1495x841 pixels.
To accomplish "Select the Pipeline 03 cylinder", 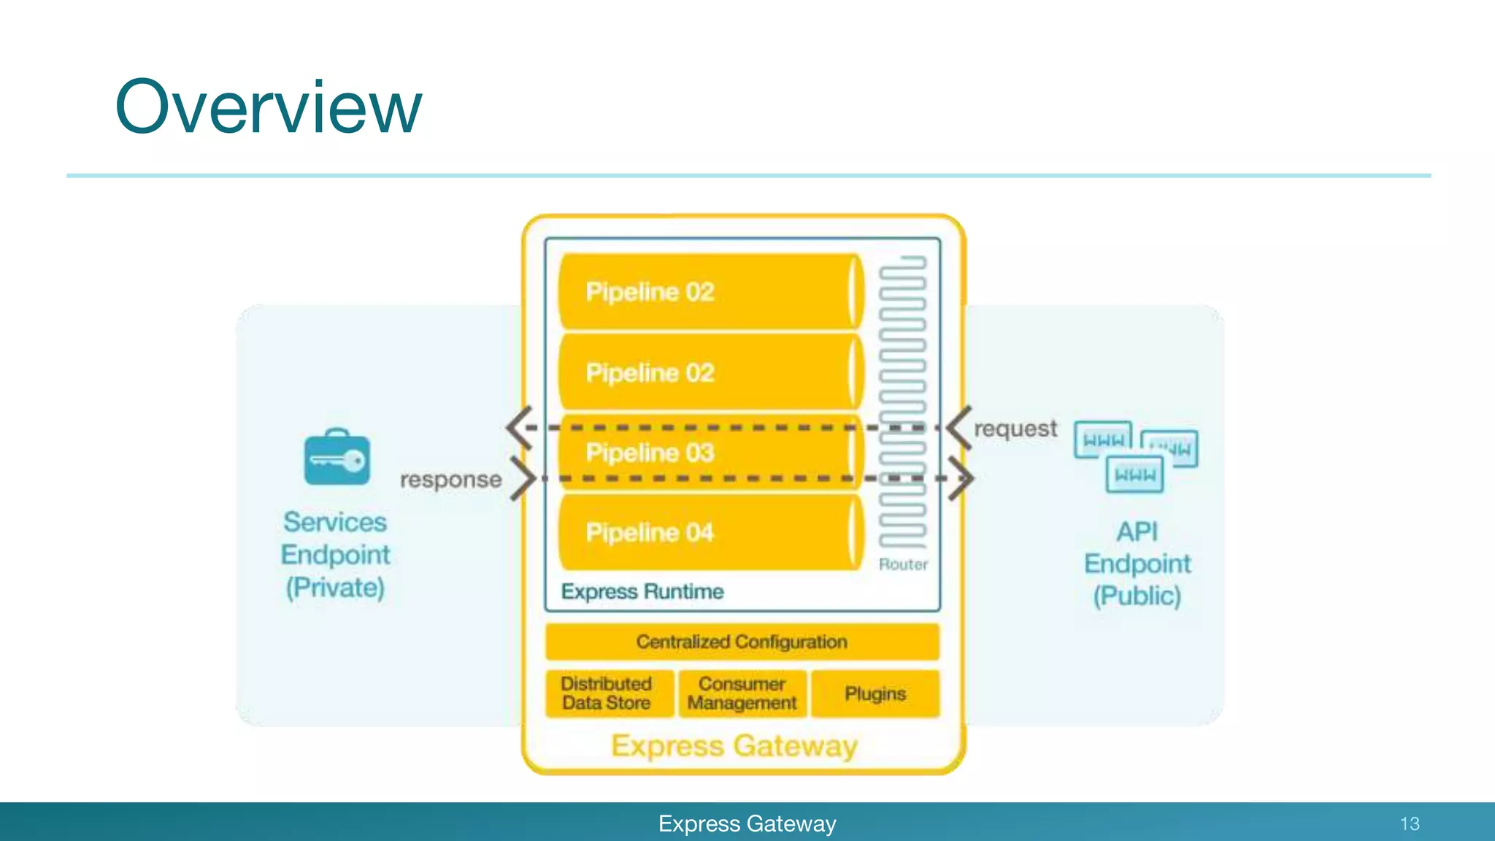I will point(708,453).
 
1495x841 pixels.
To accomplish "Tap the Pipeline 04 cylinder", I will point(708,532).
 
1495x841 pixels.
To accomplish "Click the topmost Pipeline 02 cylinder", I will point(708,292).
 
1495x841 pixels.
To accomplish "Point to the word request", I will point(1015,429).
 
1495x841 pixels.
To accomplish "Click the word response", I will point(450,480).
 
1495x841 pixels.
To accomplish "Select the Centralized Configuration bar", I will point(742,642).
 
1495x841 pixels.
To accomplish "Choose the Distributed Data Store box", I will point(607,694).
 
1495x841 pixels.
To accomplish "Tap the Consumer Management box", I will point(742,694).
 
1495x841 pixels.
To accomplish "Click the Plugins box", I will point(875,694).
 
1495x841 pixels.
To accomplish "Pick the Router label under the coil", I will point(903,564).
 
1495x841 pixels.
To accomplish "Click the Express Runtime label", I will point(642,591).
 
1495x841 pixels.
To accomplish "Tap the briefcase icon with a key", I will point(337,458).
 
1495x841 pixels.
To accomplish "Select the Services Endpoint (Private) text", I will point(335,555).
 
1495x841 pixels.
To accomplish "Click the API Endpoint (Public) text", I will point(1137,564).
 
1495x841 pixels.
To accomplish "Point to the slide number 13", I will point(1409,824).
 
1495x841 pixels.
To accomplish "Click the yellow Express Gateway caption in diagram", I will point(734,746).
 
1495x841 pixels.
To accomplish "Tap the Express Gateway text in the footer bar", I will point(747,824).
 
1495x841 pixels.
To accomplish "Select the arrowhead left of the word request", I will point(958,428).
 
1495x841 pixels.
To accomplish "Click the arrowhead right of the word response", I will point(523,478).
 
